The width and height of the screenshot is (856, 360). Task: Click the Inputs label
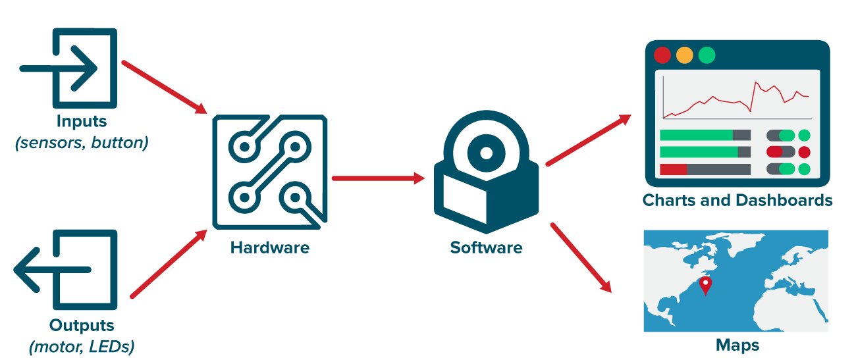coord(82,122)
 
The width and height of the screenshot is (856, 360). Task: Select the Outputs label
coord(82,325)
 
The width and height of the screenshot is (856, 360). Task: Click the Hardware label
coord(269,248)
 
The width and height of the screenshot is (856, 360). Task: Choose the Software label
coord(486,248)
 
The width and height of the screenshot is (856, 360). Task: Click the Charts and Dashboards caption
coord(737,200)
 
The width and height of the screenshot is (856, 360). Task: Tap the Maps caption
coord(737,345)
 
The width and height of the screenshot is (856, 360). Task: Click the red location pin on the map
coord(706,285)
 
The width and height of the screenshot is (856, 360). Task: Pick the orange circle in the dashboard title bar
coord(685,55)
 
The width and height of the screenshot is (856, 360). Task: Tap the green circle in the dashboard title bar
coord(707,55)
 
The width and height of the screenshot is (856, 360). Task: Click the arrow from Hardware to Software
coord(378,178)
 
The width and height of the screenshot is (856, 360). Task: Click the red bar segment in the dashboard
coord(673,169)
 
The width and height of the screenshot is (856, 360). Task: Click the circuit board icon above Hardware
coord(269,172)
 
